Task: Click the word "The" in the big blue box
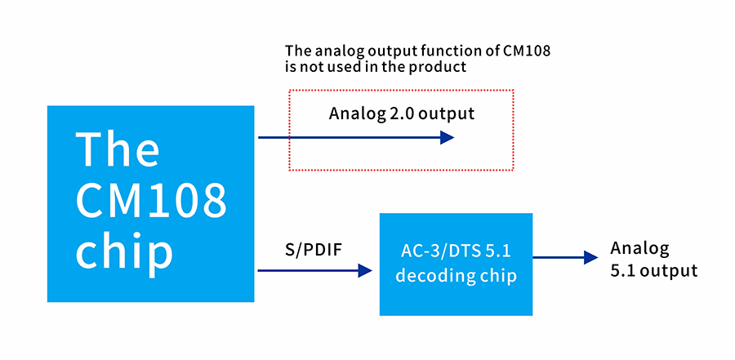click(x=118, y=149)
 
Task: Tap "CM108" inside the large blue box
click(x=151, y=199)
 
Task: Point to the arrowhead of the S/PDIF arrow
click(x=366, y=270)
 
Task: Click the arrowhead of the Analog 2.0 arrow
click(x=447, y=138)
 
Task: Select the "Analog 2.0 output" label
click(x=401, y=113)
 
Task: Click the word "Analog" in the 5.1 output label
click(x=640, y=248)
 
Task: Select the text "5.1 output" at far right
click(x=653, y=271)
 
